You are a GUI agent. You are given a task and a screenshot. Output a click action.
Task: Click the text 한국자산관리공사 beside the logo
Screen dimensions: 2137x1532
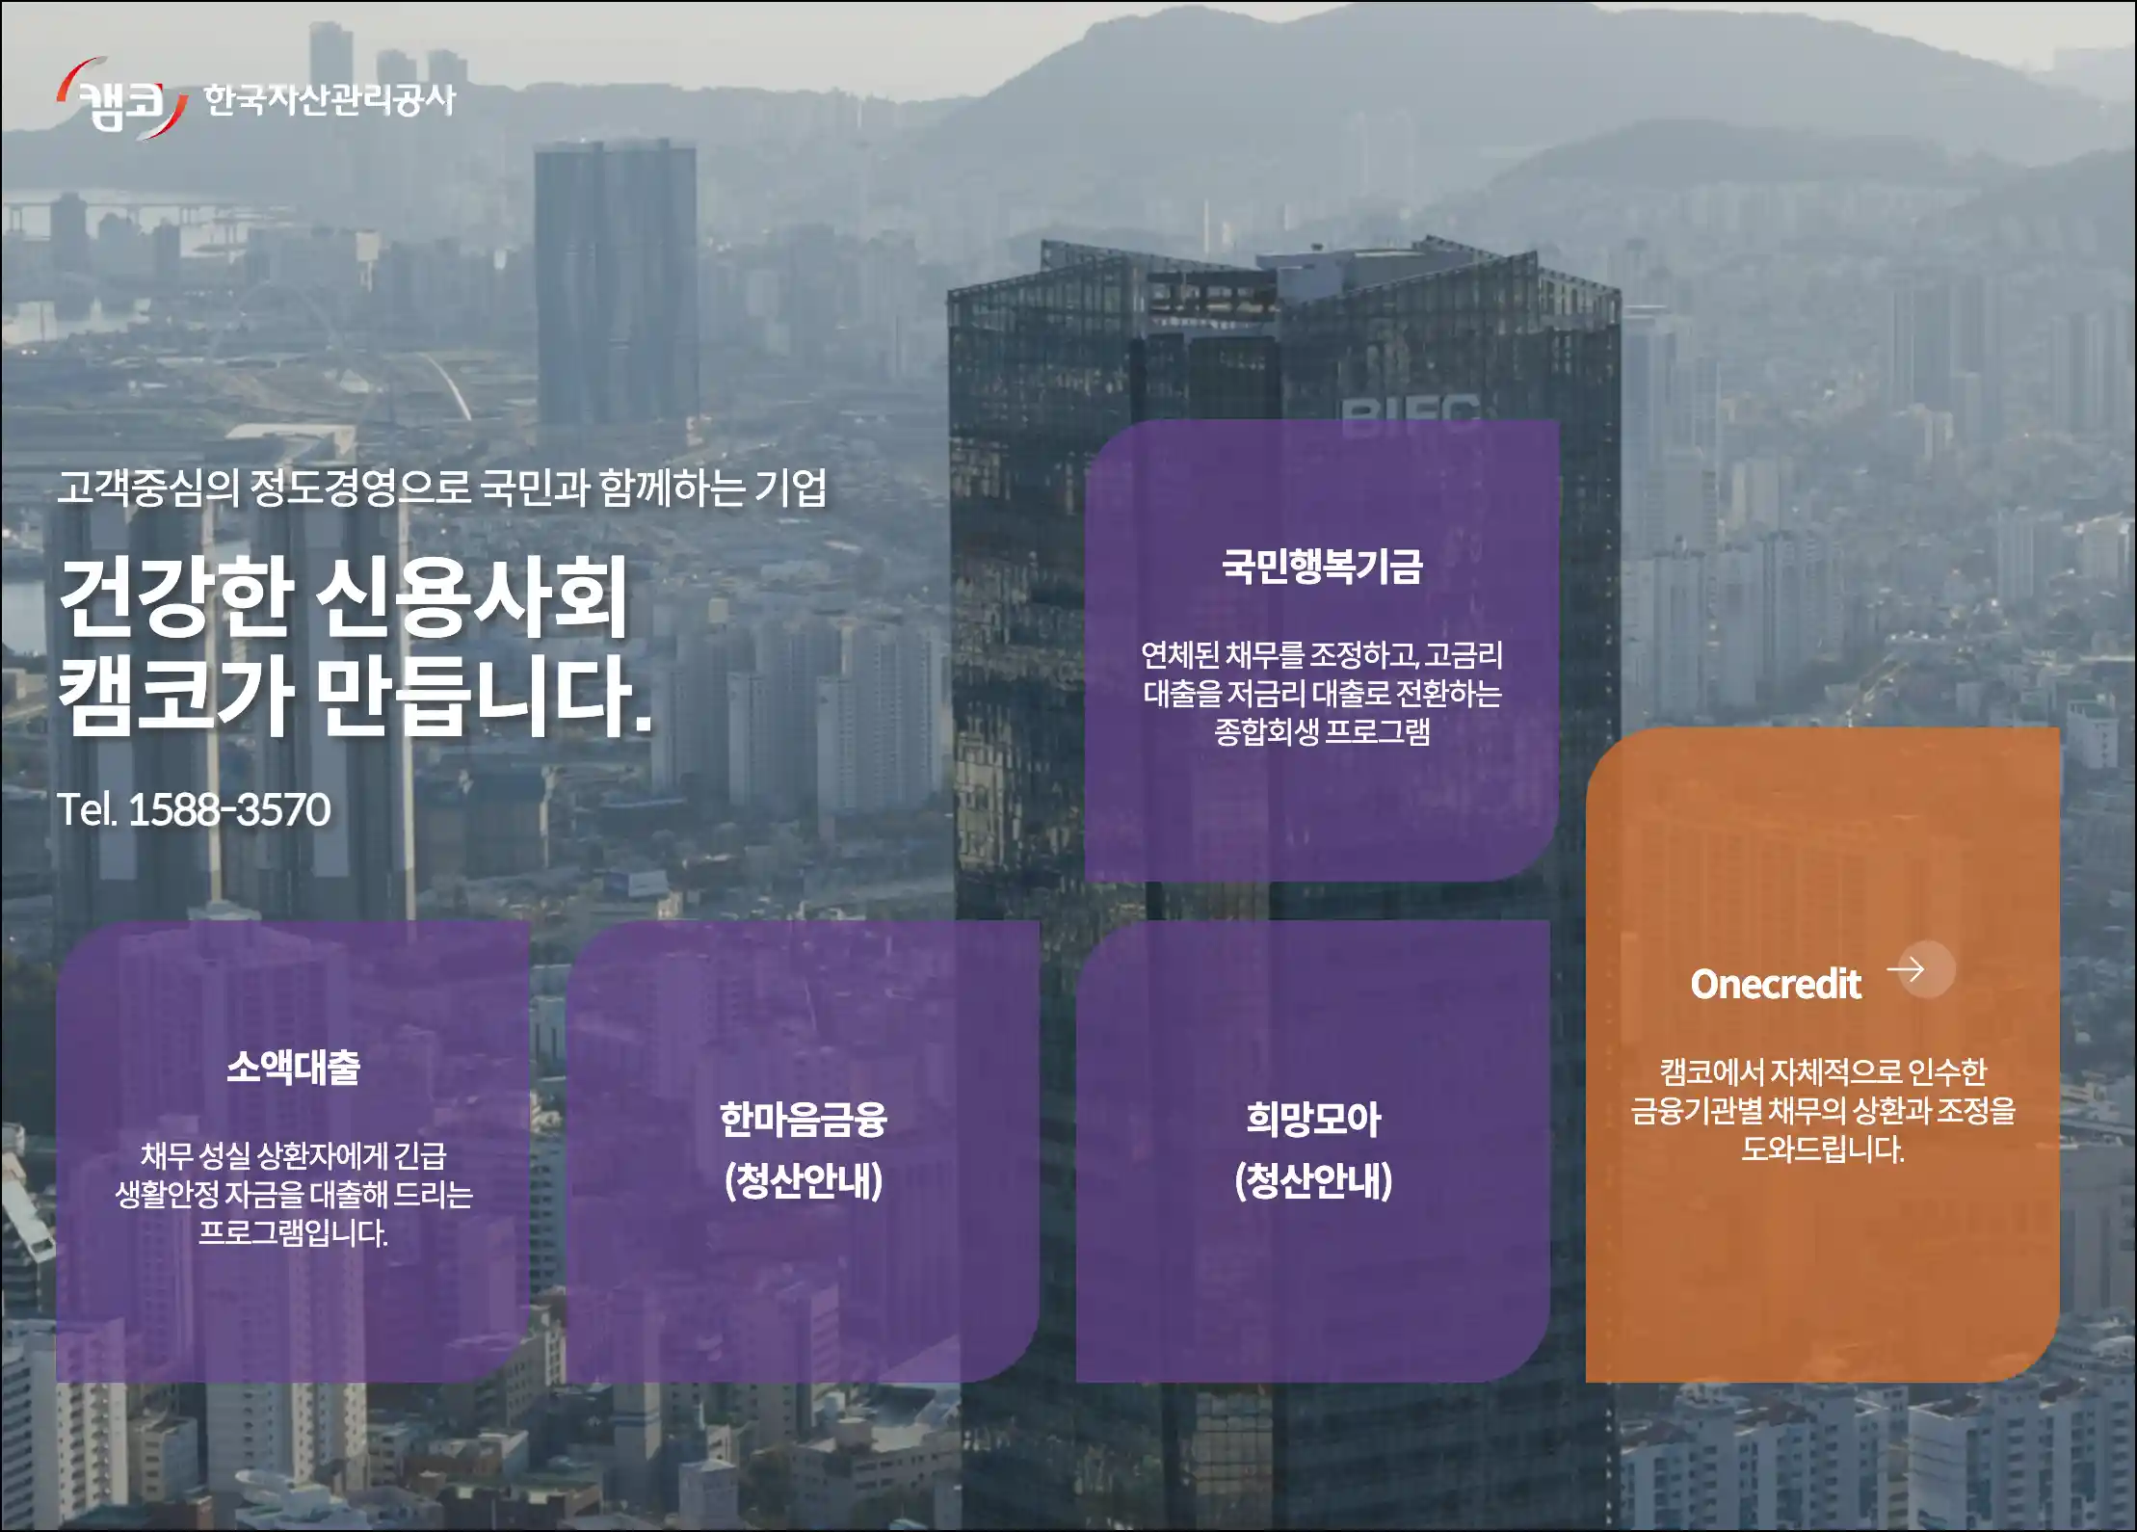(330, 99)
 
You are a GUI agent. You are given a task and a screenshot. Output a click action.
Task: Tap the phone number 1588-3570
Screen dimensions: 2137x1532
(229, 809)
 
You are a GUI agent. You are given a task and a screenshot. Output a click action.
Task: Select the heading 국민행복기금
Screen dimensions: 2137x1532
(1322, 566)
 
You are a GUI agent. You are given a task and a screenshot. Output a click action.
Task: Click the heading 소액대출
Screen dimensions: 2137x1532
(293, 1067)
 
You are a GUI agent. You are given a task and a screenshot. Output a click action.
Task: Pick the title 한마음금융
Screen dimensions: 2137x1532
(803, 1120)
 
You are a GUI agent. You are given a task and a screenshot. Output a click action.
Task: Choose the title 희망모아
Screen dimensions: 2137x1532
(1313, 1120)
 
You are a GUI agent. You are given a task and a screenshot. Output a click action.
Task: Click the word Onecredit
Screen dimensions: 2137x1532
(1776, 984)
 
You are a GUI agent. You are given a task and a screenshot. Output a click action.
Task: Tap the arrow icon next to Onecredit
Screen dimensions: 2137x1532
(1906, 968)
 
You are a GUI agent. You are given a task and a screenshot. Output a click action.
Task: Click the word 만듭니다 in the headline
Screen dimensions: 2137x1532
(485, 696)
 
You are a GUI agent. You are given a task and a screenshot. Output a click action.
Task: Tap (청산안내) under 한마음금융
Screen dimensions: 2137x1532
(803, 1180)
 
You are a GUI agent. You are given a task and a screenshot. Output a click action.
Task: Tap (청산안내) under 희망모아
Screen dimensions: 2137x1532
(1313, 1180)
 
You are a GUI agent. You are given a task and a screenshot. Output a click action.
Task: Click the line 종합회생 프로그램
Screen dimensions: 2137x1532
(1322, 731)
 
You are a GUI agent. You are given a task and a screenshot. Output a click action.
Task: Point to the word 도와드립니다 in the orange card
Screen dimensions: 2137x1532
(1823, 1149)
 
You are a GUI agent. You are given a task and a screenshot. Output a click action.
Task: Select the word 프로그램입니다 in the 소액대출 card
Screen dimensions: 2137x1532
(293, 1232)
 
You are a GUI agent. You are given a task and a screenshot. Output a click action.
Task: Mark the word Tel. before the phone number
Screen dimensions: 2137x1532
(87, 809)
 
